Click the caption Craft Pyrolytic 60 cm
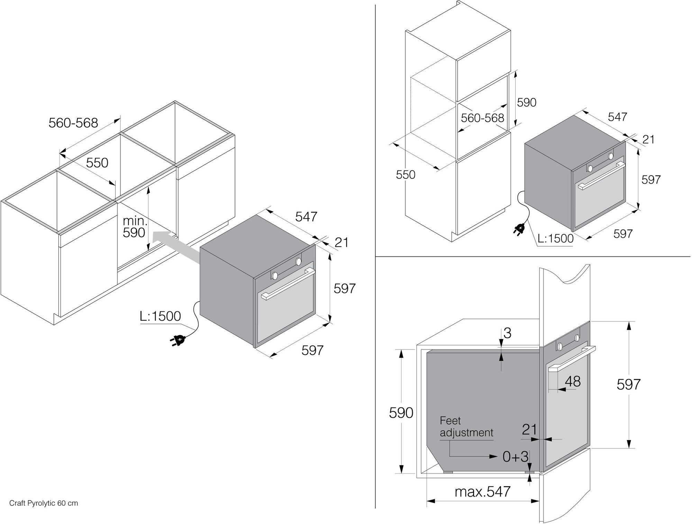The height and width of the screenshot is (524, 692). (44, 503)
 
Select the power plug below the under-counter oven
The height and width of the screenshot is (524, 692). (177, 340)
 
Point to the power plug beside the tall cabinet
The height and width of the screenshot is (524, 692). (520, 228)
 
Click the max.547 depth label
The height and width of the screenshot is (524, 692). (483, 492)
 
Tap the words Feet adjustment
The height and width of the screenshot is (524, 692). (466, 427)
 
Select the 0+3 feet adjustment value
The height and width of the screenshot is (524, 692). (515, 457)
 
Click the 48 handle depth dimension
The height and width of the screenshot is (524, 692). (573, 381)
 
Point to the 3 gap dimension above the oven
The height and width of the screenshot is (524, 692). (507, 333)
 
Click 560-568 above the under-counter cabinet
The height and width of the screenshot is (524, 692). (73, 123)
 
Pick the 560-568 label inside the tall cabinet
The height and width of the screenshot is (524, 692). (482, 118)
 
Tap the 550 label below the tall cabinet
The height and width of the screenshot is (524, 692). (406, 175)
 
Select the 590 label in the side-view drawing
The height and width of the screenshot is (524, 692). (401, 413)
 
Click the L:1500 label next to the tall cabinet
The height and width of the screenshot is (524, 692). (555, 238)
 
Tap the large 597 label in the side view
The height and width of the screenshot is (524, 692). (628, 384)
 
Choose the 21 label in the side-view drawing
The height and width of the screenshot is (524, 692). (529, 429)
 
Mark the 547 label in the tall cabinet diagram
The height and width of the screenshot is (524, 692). (617, 117)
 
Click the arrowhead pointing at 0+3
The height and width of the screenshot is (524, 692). (493, 456)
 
